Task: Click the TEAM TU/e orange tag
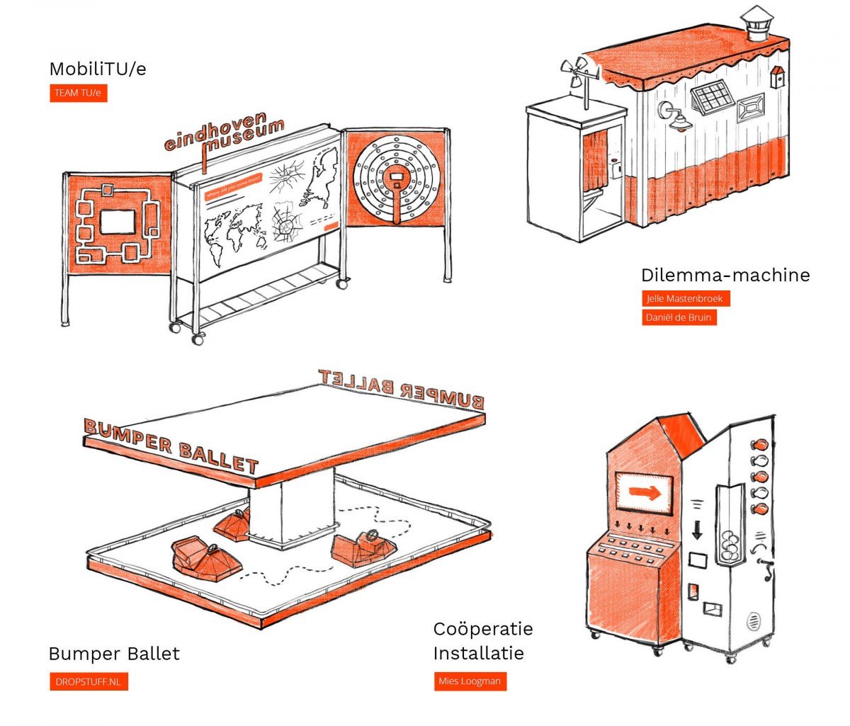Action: (x=78, y=93)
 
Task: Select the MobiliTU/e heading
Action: (x=98, y=69)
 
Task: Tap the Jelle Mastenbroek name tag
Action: (x=685, y=298)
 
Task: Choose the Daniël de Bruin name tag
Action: (x=679, y=317)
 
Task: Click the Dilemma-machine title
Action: (x=725, y=275)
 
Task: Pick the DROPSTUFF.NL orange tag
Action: (x=89, y=682)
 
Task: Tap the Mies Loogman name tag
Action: (x=470, y=681)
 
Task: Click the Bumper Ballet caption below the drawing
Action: (x=114, y=653)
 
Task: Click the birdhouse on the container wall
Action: (x=777, y=76)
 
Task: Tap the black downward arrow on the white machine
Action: (x=697, y=529)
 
